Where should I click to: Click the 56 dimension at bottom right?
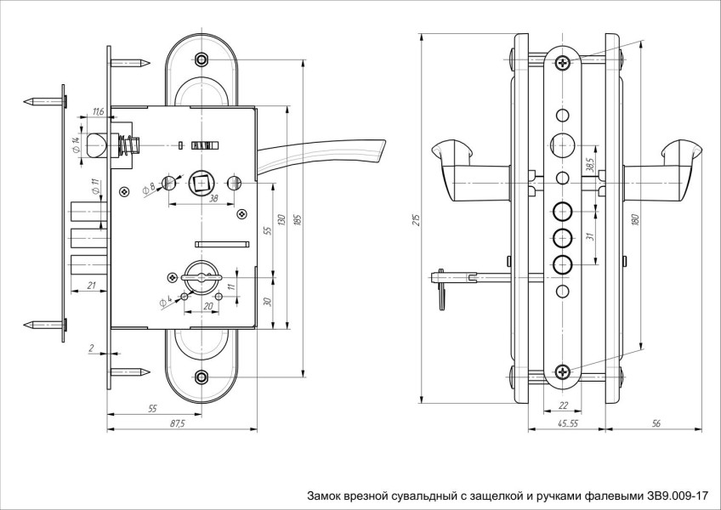(x=656, y=423)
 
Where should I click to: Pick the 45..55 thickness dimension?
(x=567, y=423)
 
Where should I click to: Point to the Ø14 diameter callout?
(x=77, y=144)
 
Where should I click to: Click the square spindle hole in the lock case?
(x=204, y=181)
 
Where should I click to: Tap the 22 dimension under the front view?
(x=562, y=405)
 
